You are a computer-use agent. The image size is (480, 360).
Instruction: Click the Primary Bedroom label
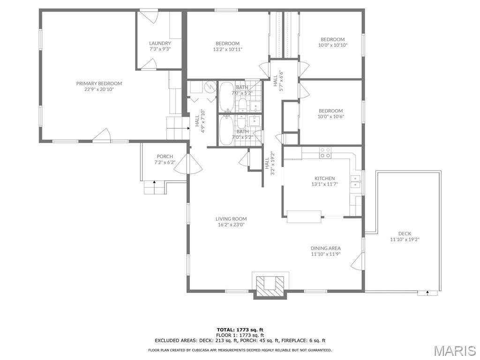coord(99,83)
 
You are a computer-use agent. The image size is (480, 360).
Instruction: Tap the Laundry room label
coord(160,43)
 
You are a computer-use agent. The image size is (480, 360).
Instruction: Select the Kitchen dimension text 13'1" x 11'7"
coord(324,184)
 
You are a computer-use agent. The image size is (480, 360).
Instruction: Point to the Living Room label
coord(231,218)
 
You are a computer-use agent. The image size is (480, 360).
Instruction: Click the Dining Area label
coord(325,248)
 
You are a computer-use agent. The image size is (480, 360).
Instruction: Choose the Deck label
coord(405,233)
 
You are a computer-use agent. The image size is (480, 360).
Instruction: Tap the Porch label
coord(165,157)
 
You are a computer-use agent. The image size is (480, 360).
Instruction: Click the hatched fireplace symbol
coord(270,286)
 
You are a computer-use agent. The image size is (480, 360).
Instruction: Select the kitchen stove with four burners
coord(325,152)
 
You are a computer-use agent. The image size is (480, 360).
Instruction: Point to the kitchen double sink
coord(356,181)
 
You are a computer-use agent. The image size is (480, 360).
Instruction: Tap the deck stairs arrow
coord(427,293)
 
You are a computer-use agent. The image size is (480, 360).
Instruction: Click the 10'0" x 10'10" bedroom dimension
coord(332,45)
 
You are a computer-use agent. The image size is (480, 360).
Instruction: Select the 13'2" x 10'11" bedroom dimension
coord(227,49)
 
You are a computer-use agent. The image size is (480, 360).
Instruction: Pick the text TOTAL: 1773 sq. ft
coord(240,330)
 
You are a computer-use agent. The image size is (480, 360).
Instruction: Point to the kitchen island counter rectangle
coord(304,217)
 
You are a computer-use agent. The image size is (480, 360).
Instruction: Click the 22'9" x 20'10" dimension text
coord(99,89)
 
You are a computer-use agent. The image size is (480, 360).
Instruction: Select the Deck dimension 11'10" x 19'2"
coord(405,240)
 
